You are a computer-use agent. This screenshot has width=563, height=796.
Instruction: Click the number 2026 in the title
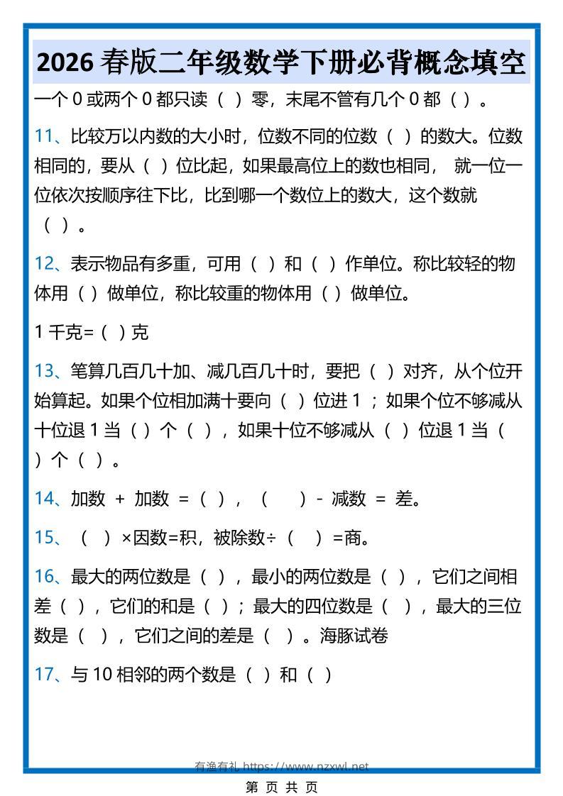[x=66, y=63]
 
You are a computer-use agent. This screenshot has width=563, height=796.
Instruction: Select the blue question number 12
[x=43, y=264]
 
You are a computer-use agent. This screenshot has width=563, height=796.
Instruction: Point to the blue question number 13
[x=44, y=370]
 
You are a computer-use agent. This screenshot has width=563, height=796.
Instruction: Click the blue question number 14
[x=44, y=499]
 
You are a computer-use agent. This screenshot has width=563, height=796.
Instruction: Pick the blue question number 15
[x=44, y=538]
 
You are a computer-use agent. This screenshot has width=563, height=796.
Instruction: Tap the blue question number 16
[x=44, y=577]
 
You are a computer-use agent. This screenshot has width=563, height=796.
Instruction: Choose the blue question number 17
[x=44, y=674]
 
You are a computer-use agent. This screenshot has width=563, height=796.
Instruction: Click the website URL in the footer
[x=306, y=766]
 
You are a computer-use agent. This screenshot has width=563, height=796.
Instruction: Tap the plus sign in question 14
[x=120, y=499]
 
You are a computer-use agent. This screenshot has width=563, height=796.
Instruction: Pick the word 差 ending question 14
[x=404, y=499]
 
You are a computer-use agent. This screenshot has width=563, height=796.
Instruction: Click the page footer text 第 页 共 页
[x=281, y=786]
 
